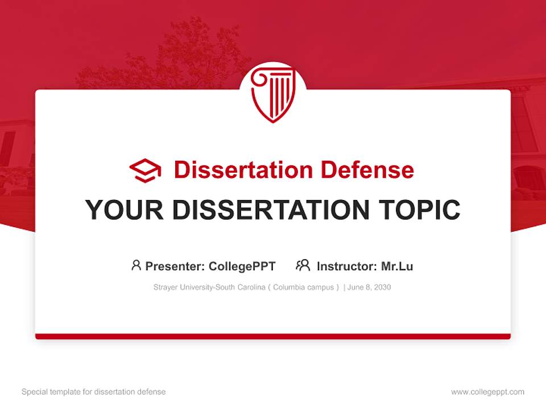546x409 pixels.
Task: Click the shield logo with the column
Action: (272, 94)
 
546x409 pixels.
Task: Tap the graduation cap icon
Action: (145, 170)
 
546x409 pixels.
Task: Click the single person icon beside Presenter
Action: (136, 265)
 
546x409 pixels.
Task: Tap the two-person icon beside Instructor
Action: (303, 265)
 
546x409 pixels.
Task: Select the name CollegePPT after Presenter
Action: (242, 266)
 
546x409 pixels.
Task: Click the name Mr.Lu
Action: (397, 266)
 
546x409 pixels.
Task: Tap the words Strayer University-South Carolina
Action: (209, 287)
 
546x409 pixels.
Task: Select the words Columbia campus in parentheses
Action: (303, 287)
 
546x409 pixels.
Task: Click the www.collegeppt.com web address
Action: (487, 392)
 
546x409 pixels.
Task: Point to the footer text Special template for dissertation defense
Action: (94, 392)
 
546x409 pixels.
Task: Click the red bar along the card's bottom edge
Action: (273, 336)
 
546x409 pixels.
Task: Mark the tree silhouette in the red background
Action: (171, 57)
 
